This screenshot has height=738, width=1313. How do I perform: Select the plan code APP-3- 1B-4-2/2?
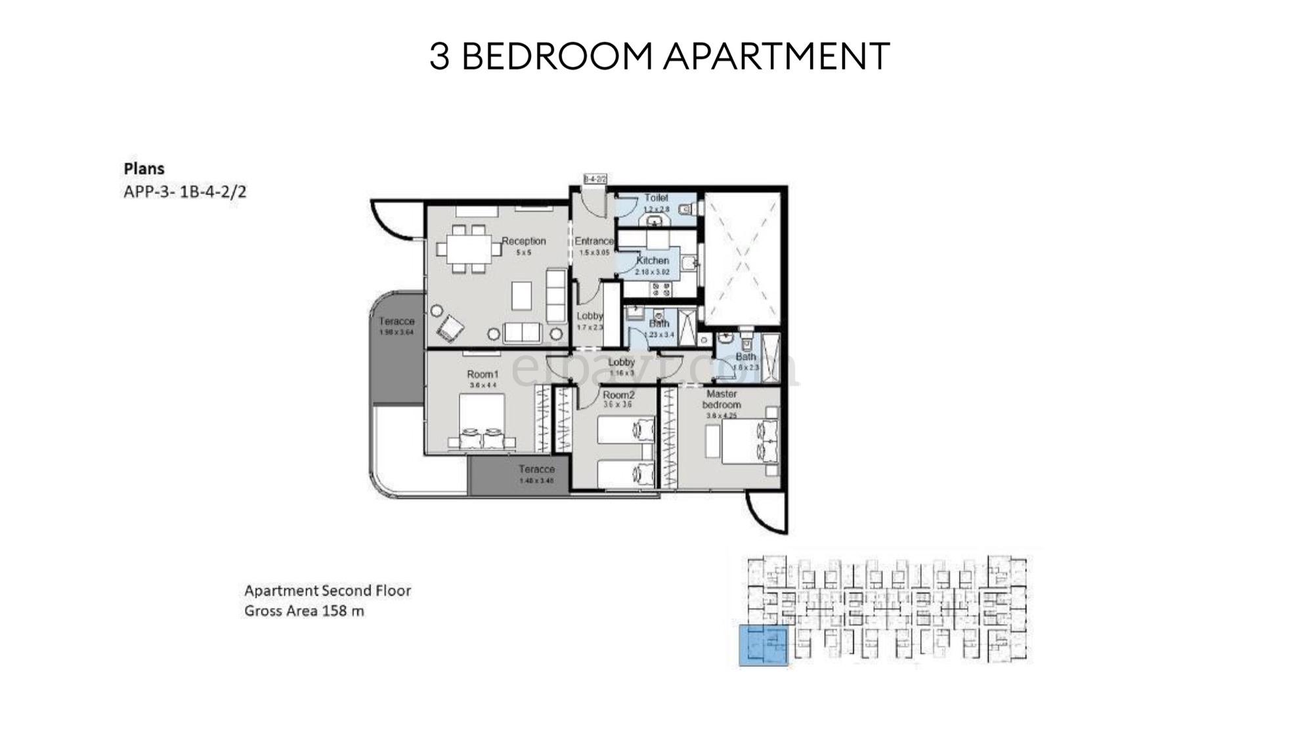point(184,192)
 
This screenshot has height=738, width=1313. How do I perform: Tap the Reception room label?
point(524,241)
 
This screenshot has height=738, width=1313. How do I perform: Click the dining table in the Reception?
point(469,249)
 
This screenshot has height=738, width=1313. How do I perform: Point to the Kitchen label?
point(653,260)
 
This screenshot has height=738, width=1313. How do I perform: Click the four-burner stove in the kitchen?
point(659,288)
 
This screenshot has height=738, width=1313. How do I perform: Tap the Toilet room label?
point(656,197)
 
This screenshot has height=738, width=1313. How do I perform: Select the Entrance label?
point(594,241)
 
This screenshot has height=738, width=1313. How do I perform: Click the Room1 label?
point(483,374)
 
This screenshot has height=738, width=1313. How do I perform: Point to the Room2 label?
point(618,395)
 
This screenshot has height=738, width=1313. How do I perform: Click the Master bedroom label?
point(721,399)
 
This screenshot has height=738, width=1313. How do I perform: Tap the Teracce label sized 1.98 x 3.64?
point(397,321)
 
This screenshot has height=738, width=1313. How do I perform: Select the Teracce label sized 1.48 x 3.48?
point(536,469)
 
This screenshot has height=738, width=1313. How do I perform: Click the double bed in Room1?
point(481,421)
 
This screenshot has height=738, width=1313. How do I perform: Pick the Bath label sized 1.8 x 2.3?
point(746,357)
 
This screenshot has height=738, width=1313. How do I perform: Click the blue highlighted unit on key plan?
point(763,646)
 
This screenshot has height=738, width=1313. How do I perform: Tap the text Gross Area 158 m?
point(304,611)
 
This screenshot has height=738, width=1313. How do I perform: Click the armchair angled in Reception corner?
point(450,328)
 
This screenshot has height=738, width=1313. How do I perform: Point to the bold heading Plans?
point(144,169)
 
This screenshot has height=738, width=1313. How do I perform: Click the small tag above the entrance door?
point(595,178)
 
